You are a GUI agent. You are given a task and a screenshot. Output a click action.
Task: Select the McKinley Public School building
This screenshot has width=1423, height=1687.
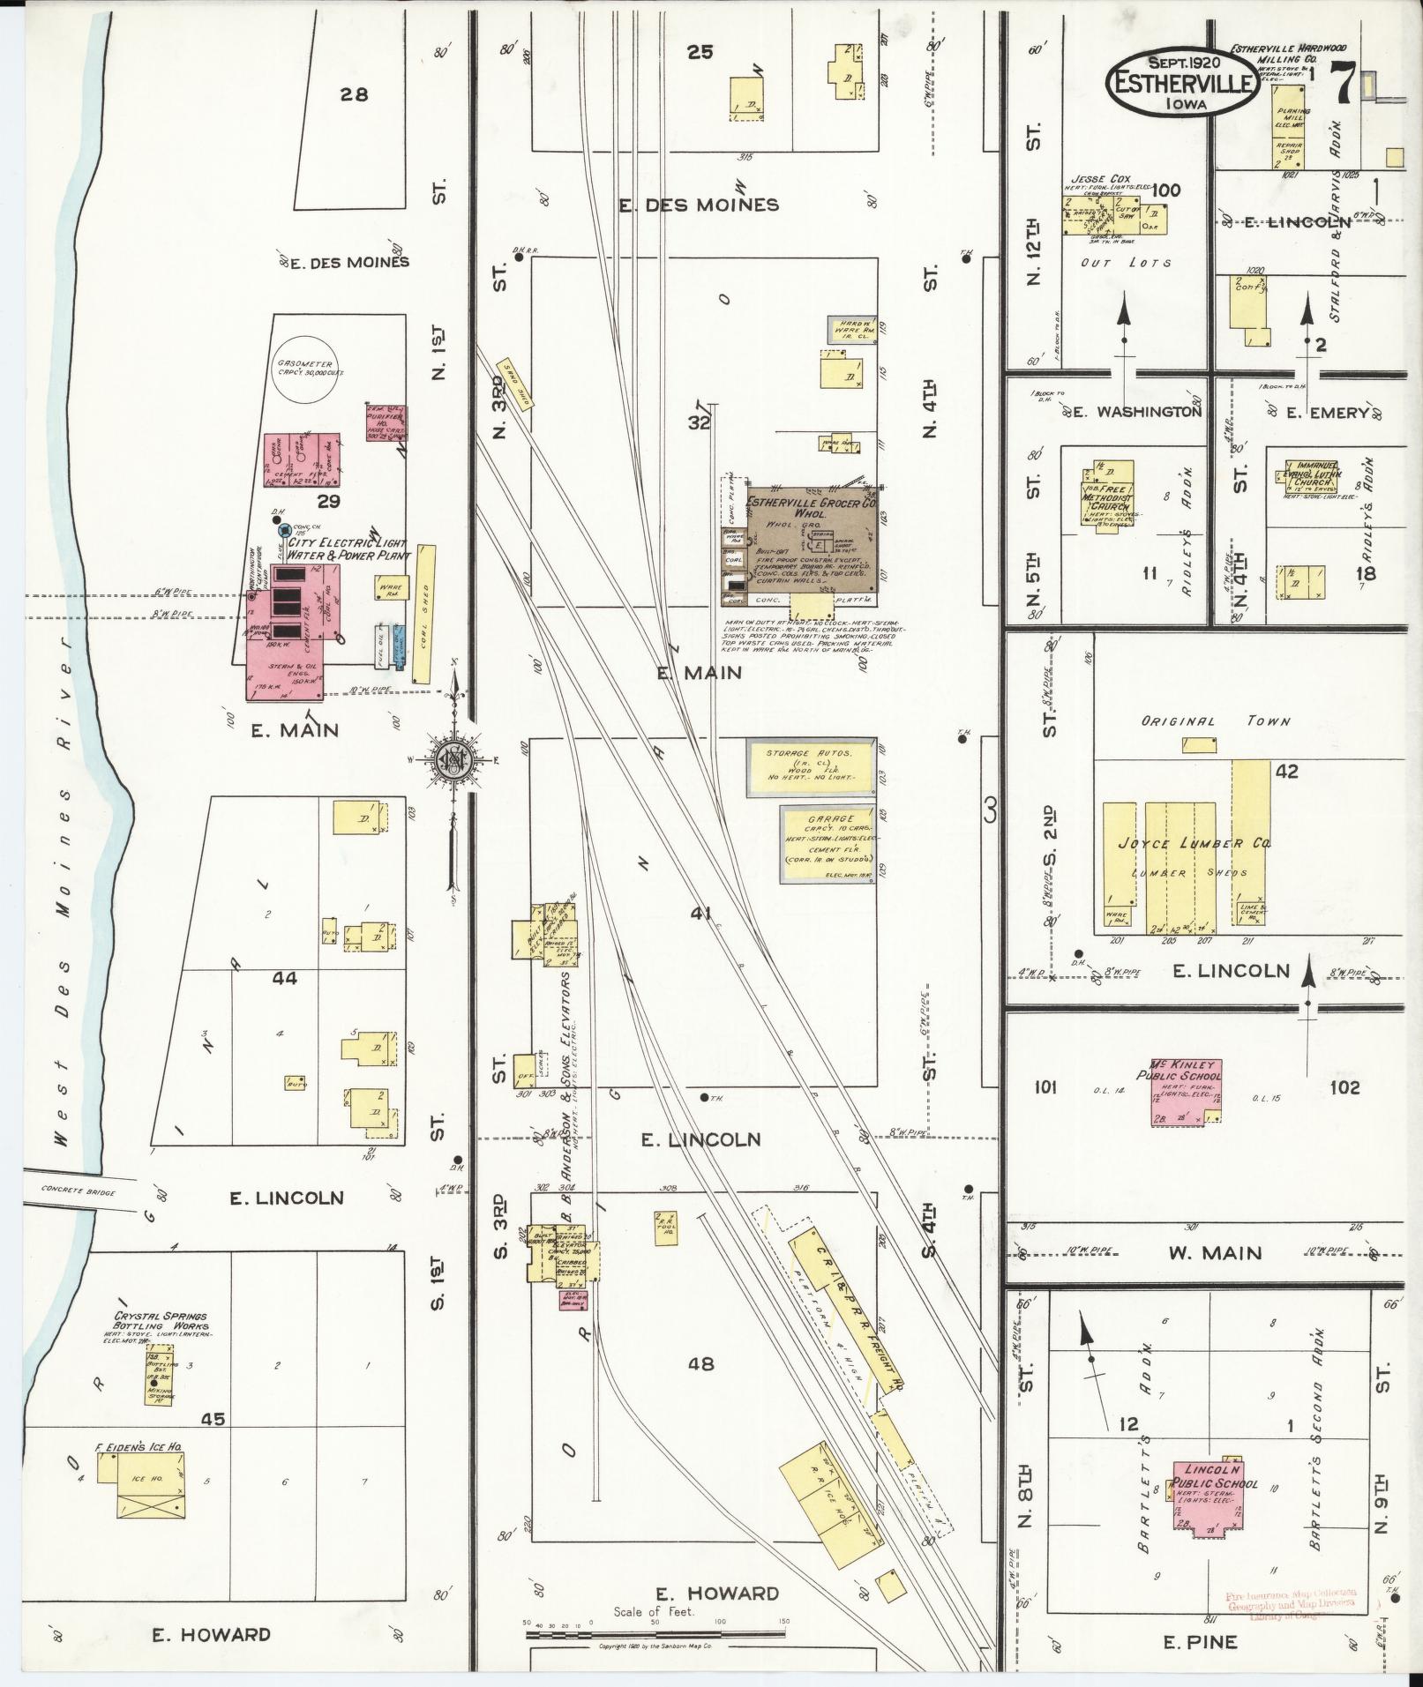click(x=1185, y=1093)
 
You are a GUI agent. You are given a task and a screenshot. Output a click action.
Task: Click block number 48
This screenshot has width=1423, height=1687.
click(x=700, y=1363)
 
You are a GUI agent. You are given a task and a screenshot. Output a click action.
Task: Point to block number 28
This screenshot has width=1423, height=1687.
click(x=354, y=94)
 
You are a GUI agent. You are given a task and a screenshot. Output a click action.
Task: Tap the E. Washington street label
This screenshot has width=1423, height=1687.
click(x=1137, y=412)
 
